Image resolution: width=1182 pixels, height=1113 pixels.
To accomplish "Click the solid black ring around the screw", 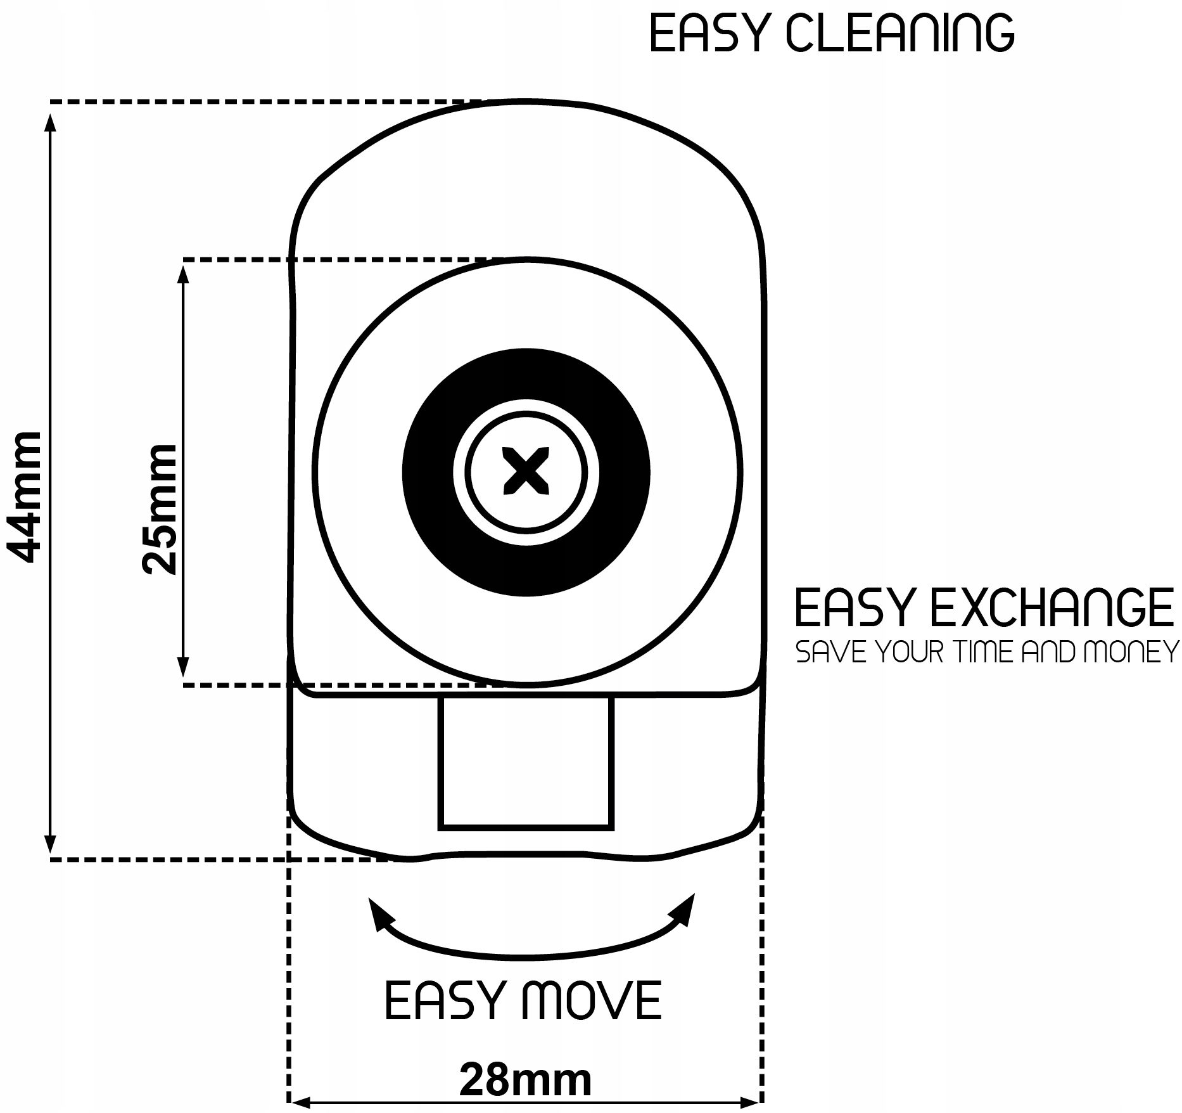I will point(431,472).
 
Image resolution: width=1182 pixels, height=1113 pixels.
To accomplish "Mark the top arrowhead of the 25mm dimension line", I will point(184,274).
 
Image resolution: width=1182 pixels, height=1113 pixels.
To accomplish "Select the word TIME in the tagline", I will point(986,652).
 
